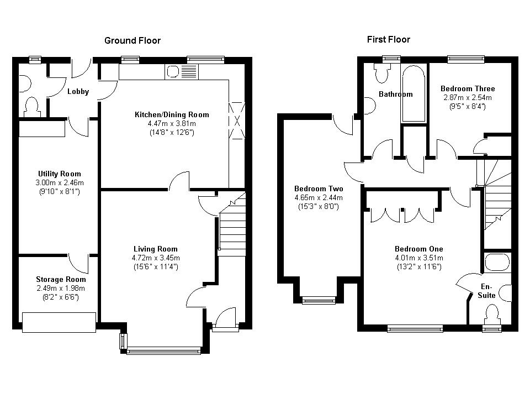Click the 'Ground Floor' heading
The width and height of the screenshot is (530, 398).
pyautogui.click(x=132, y=40)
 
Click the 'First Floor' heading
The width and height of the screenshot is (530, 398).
pyautogui.click(x=388, y=40)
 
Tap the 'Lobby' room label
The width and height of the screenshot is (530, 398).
pyautogui.click(x=78, y=91)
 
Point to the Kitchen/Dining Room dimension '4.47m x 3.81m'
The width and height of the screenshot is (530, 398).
pyautogui.click(x=172, y=123)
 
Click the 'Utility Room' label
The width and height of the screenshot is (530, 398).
pyautogui.click(x=60, y=174)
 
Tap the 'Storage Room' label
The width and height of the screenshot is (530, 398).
pyautogui.click(x=61, y=280)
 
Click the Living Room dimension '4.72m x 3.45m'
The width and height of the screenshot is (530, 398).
pyautogui.click(x=156, y=258)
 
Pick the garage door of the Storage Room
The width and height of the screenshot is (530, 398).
pyautogui.click(x=59, y=322)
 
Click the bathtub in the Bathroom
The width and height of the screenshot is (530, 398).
pyautogui.click(x=413, y=93)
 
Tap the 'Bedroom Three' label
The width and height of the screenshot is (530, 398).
pyautogui.click(x=468, y=88)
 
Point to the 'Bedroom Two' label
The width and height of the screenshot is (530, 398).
pyautogui.click(x=319, y=189)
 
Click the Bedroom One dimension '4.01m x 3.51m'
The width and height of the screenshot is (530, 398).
pyautogui.click(x=419, y=258)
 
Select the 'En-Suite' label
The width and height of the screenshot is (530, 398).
pyautogui.click(x=486, y=291)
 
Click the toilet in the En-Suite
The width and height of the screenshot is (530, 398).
pyautogui.click(x=491, y=315)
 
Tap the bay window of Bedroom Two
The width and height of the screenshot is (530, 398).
pyautogui.click(x=319, y=300)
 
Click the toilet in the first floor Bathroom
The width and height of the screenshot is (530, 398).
pyautogui.click(x=382, y=73)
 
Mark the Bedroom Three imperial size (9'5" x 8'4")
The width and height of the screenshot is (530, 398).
pyautogui.click(x=468, y=107)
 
